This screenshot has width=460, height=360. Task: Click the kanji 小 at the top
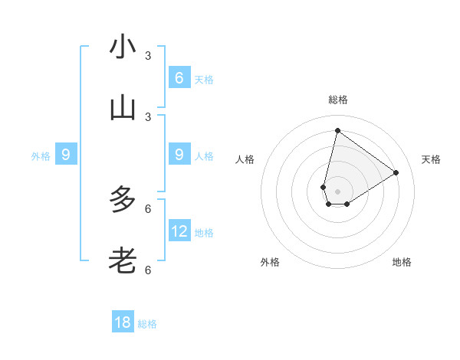(123, 47)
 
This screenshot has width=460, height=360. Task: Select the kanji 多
(123, 200)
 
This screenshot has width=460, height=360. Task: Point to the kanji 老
(123, 261)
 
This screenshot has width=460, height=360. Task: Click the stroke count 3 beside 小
(148, 56)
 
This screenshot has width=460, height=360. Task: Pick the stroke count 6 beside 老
(148, 270)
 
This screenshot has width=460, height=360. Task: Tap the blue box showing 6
(179, 77)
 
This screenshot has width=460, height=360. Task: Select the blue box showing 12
(179, 231)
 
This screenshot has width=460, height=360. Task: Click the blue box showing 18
(123, 322)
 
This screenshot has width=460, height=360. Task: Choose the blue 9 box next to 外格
(66, 155)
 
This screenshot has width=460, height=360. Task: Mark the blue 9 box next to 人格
(179, 155)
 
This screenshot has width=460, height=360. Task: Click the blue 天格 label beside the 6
(204, 79)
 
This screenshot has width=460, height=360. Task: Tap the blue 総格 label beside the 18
(147, 324)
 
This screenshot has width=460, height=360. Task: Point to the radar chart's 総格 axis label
(337, 100)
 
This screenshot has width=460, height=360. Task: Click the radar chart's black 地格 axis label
(402, 262)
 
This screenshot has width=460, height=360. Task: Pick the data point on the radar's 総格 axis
(337, 130)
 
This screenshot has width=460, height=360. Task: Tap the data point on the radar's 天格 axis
(396, 172)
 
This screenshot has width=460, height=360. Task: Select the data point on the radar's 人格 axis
(324, 187)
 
